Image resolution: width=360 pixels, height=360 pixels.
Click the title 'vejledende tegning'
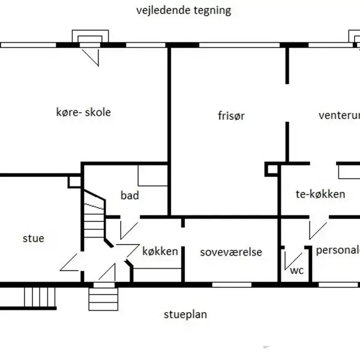click(x=183, y=11)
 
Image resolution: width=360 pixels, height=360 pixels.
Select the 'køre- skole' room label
click(x=83, y=112)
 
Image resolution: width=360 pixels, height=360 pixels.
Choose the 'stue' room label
click(x=33, y=238)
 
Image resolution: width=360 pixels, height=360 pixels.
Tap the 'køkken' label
click(x=160, y=251)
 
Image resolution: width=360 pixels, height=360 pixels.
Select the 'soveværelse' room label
click(x=231, y=251)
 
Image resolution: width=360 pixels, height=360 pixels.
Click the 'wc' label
click(x=297, y=270)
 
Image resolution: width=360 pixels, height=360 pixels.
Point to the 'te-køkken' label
click(x=320, y=194)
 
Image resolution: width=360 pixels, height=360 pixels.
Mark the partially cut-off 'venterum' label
click(x=339, y=115)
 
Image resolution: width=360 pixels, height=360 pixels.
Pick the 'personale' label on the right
click(x=338, y=251)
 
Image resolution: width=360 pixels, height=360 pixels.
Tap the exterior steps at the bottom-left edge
click(x=39, y=296)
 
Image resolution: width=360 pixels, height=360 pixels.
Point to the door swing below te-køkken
click(x=315, y=230)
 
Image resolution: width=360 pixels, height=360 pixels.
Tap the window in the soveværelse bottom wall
click(x=231, y=283)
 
